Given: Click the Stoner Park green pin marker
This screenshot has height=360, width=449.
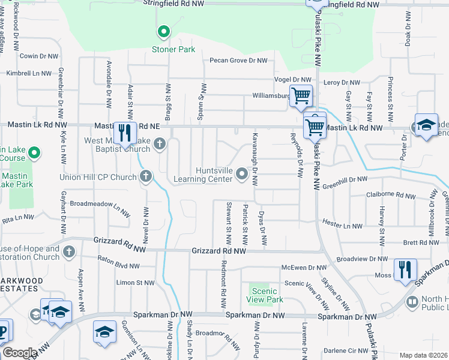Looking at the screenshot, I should pos(163,32).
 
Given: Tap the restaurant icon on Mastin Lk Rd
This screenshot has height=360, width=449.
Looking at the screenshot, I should pos(124,132).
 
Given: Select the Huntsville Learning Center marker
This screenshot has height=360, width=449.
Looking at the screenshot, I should pos(242,174).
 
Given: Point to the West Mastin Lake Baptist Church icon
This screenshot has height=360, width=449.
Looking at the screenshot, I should pos(159,143).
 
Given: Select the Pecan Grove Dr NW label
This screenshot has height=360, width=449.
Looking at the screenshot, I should pos(238,61).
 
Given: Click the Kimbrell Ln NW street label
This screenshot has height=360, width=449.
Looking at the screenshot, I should pos(29,73).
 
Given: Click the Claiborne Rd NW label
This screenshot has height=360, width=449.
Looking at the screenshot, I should pos(391,196).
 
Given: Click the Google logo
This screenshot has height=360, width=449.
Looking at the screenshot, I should pos(20,353).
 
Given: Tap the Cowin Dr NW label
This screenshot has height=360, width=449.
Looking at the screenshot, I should pos(39,56).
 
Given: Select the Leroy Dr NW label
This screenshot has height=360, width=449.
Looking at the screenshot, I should pos(342,82).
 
